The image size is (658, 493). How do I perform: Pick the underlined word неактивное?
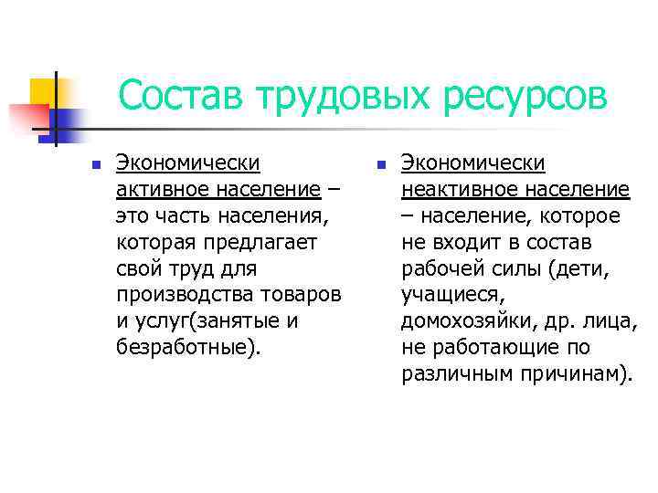(456, 191)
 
